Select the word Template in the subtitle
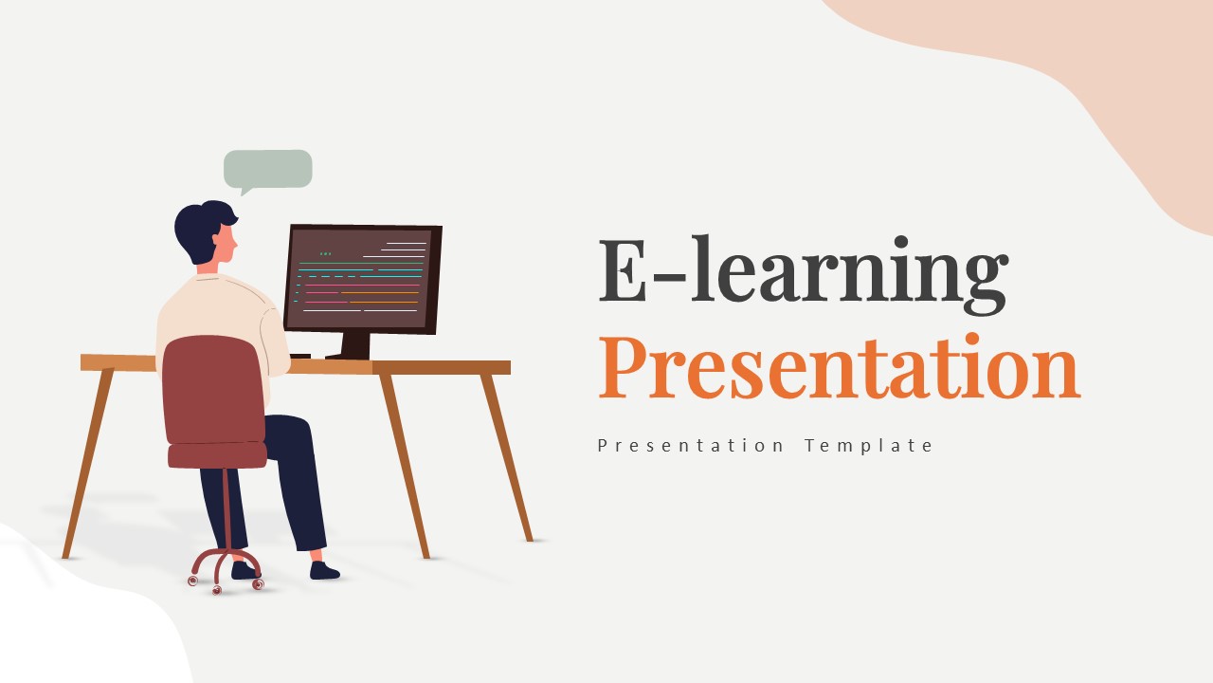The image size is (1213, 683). [x=868, y=446]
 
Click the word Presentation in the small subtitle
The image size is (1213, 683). [x=690, y=446]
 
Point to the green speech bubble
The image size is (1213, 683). [x=268, y=170]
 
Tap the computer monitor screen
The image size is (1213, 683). [x=359, y=278]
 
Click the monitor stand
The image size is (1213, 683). [x=353, y=346]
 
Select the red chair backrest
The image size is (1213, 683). [x=214, y=390]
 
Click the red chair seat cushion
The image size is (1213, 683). [x=217, y=455]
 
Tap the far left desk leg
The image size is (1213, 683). [x=87, y=463]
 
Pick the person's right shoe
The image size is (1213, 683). [x=324, y=570]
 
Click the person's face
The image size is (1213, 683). [x=226, y=245]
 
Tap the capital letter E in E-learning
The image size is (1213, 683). [x=623, y=269]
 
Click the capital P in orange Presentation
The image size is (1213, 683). [x=623, y=367]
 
